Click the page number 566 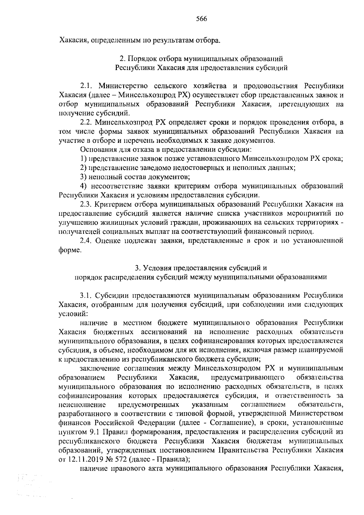(201, 19)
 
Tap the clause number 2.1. (86, 86)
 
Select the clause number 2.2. (86, 122)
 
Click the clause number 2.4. (86, 241)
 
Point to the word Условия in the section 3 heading (158, 268)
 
